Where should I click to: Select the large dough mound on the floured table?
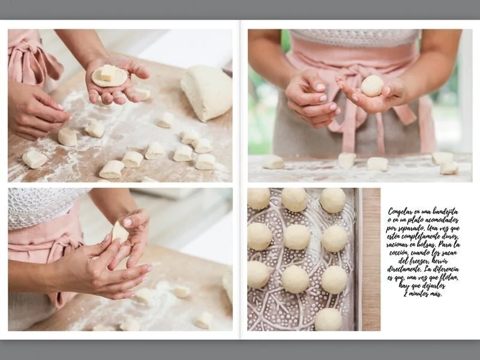tap(206, 92)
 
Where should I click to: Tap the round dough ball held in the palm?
tap(372, 86)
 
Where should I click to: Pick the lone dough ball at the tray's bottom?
tap(328, 319)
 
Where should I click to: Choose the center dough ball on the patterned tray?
tap(296, 237)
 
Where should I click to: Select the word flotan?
tap(448, 278)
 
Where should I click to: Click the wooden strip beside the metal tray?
tap(371, 259)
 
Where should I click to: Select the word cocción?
tap(398, 253)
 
